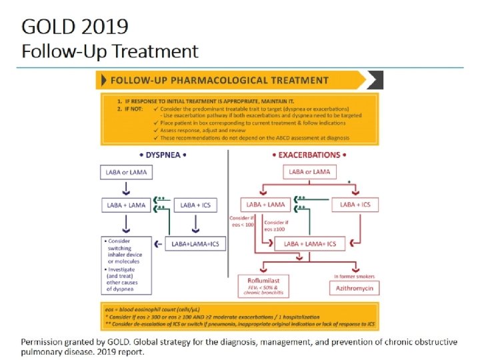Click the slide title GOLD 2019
click(75, 27)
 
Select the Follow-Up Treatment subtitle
click(110, 51)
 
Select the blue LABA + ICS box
click(195, 205)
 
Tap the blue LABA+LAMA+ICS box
click(195, 244)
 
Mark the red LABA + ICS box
click(355, 205)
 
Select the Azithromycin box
click(355, 288)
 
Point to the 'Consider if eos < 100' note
click(242, 222)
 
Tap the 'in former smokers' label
click(355, 276)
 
